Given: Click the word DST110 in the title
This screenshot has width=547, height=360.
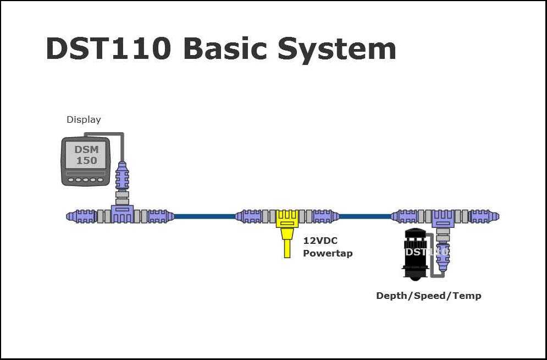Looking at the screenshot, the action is click(108, 49).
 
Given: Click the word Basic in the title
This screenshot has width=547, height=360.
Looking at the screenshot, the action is click(225, 48).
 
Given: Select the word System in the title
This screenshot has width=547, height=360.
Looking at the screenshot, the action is click(337, 51).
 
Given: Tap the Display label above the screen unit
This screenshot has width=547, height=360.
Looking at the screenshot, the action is click(84, 120).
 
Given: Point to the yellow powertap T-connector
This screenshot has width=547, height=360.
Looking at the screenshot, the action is click(287, 219).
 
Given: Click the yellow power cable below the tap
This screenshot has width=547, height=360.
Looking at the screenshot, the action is click(287, 243).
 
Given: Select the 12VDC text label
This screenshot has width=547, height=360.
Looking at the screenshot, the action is click(321, 241).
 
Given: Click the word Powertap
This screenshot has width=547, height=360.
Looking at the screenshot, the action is click(328, 253).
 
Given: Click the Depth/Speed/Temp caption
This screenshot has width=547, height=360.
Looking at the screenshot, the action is click(429, 296).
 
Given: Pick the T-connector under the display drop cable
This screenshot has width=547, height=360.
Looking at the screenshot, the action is click(122, 214).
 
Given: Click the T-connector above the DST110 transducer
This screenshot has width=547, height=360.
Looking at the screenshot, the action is click(443, 219).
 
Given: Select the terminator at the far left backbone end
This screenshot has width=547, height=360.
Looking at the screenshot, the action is click(81, 216).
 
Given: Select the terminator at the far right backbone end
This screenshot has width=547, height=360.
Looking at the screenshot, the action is click(484, 216).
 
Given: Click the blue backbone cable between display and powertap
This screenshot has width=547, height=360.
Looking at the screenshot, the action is click(205, 216).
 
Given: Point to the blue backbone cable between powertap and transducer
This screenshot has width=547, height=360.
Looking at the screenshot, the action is click(365, 216).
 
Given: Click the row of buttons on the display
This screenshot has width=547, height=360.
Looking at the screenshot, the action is click(86, 180).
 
